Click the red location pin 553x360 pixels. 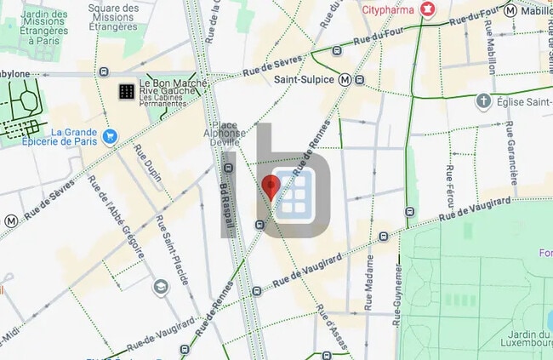click(271, 186)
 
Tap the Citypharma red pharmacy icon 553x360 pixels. click(428, 10)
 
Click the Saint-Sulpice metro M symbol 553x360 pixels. click(345, 79)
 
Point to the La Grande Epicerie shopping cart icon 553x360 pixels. click(109, 136)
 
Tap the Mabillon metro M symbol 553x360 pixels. click(510, 11)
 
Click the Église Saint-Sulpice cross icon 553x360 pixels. click(483, 102)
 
